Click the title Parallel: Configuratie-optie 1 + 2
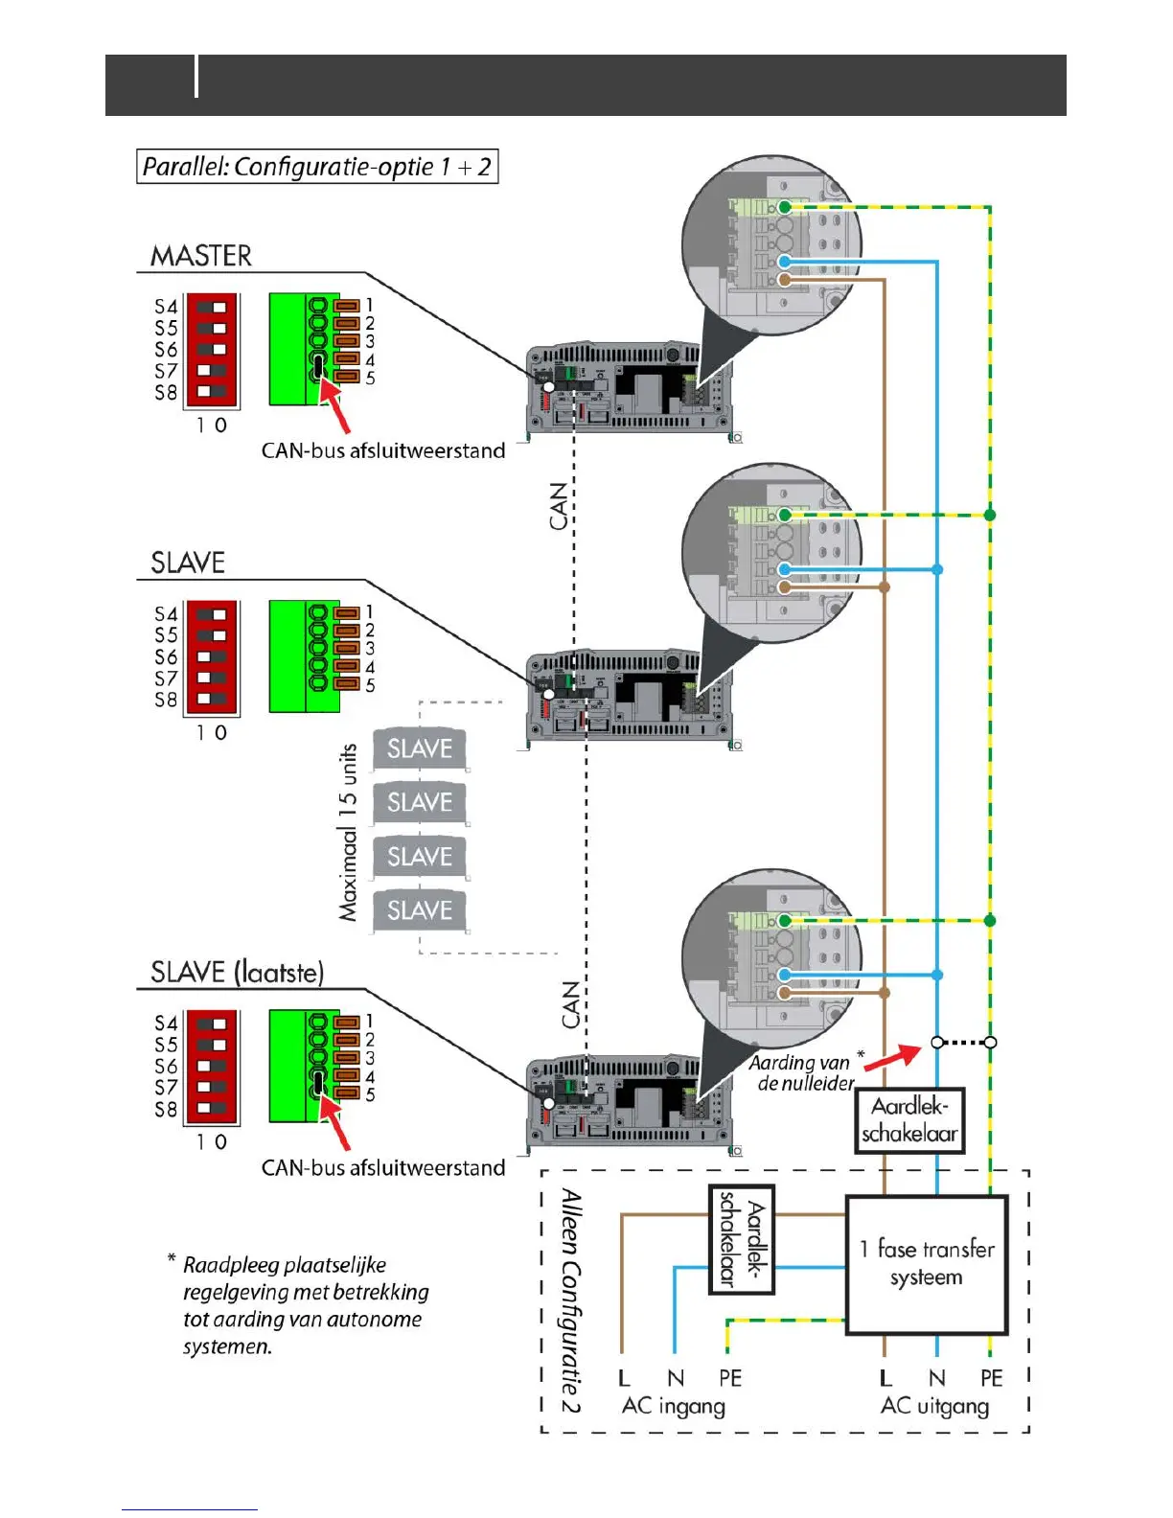click(317, 167)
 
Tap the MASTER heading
click(201, 256)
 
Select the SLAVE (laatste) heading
click(237, 973)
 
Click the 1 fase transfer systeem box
click(927, 1264)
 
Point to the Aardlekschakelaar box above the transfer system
click(909, 1120)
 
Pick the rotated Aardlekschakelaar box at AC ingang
click(742, 1240)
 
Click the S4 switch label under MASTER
click(166, 307)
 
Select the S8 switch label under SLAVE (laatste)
click(166, 1109)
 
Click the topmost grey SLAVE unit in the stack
click(420, 748)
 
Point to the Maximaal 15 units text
click(348, 832)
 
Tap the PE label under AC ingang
click(730, 1378)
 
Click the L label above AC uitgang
click(885, 1378)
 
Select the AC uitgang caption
click(934, 1406)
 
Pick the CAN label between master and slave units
click(559, 506)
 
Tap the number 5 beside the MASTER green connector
click(370, 379)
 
